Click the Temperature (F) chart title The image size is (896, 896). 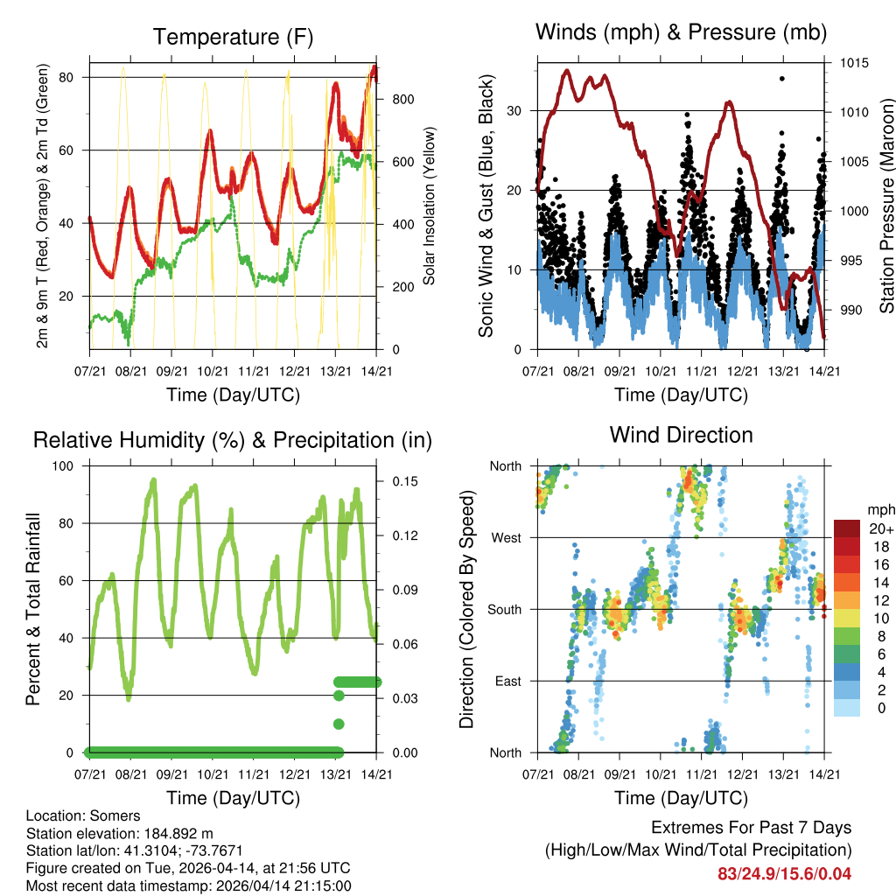tap(233, 37)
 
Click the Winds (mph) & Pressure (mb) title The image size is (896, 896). tap(681, 32)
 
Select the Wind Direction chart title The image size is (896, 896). tap(681, 434)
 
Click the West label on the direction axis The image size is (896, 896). tap(505, 537)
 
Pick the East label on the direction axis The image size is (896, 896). tap(507, 681)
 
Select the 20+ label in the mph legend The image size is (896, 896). tap(880, 528)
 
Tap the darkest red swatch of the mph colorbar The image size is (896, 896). tap(846, 528)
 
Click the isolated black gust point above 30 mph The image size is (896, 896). tap(781, 79)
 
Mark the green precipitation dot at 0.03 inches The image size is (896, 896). tap(339, 696)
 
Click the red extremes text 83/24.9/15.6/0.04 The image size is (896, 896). tap(784, 873)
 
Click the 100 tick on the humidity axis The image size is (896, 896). tap(66, 465)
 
